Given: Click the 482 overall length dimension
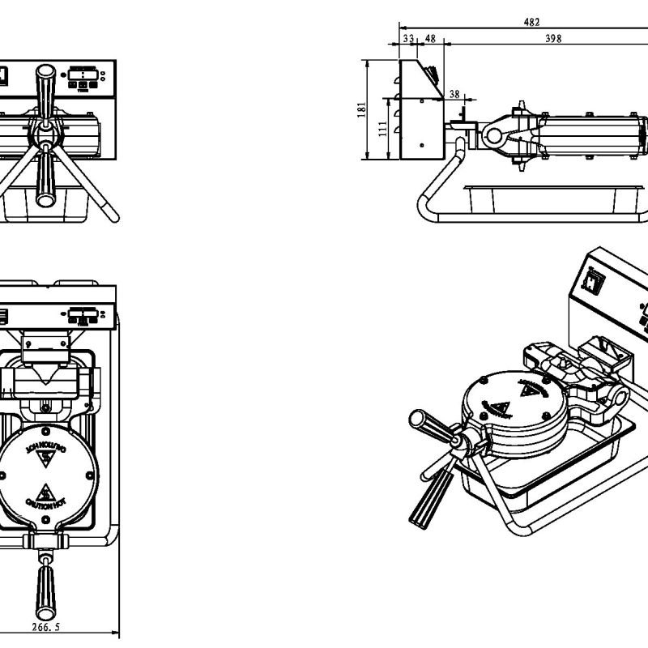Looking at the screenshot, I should click(531, 22).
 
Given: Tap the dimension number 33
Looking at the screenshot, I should click(407, 38).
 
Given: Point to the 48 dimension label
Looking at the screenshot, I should click(430, 38).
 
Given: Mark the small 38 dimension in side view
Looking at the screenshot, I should click(454, 94).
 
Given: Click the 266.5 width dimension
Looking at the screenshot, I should click(46, 626).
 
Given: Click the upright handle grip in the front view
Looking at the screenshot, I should click(43, 88).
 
